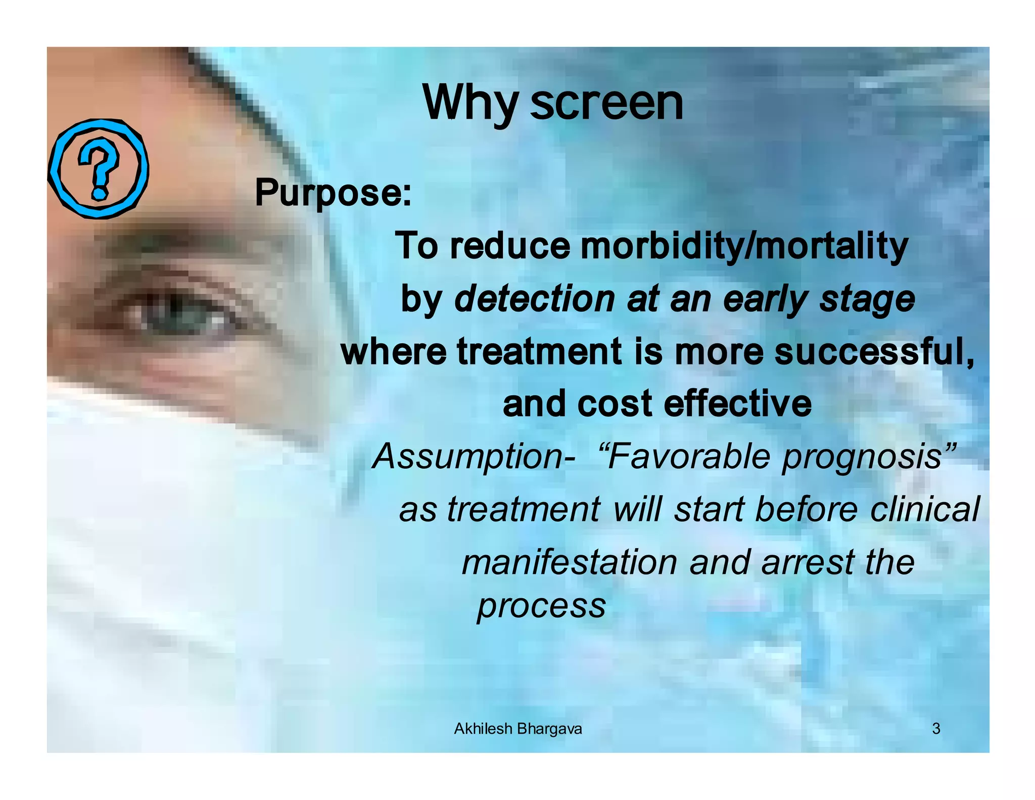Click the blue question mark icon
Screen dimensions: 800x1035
pyautogui.click(x=98, y=168)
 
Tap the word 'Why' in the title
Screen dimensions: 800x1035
pyautogui.click(x=470, y=104)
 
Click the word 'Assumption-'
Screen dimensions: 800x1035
pyautogui.click(x=473, y=456)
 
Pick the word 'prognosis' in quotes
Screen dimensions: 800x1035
pyautogui.click(x=862, y=457)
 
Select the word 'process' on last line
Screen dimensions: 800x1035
pyautogui.click(x=541, y=606)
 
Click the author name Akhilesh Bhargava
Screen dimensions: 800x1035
pyautogui.click(x=517, y=729)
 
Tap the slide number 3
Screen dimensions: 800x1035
pyautogui.click(x=936, y=729)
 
